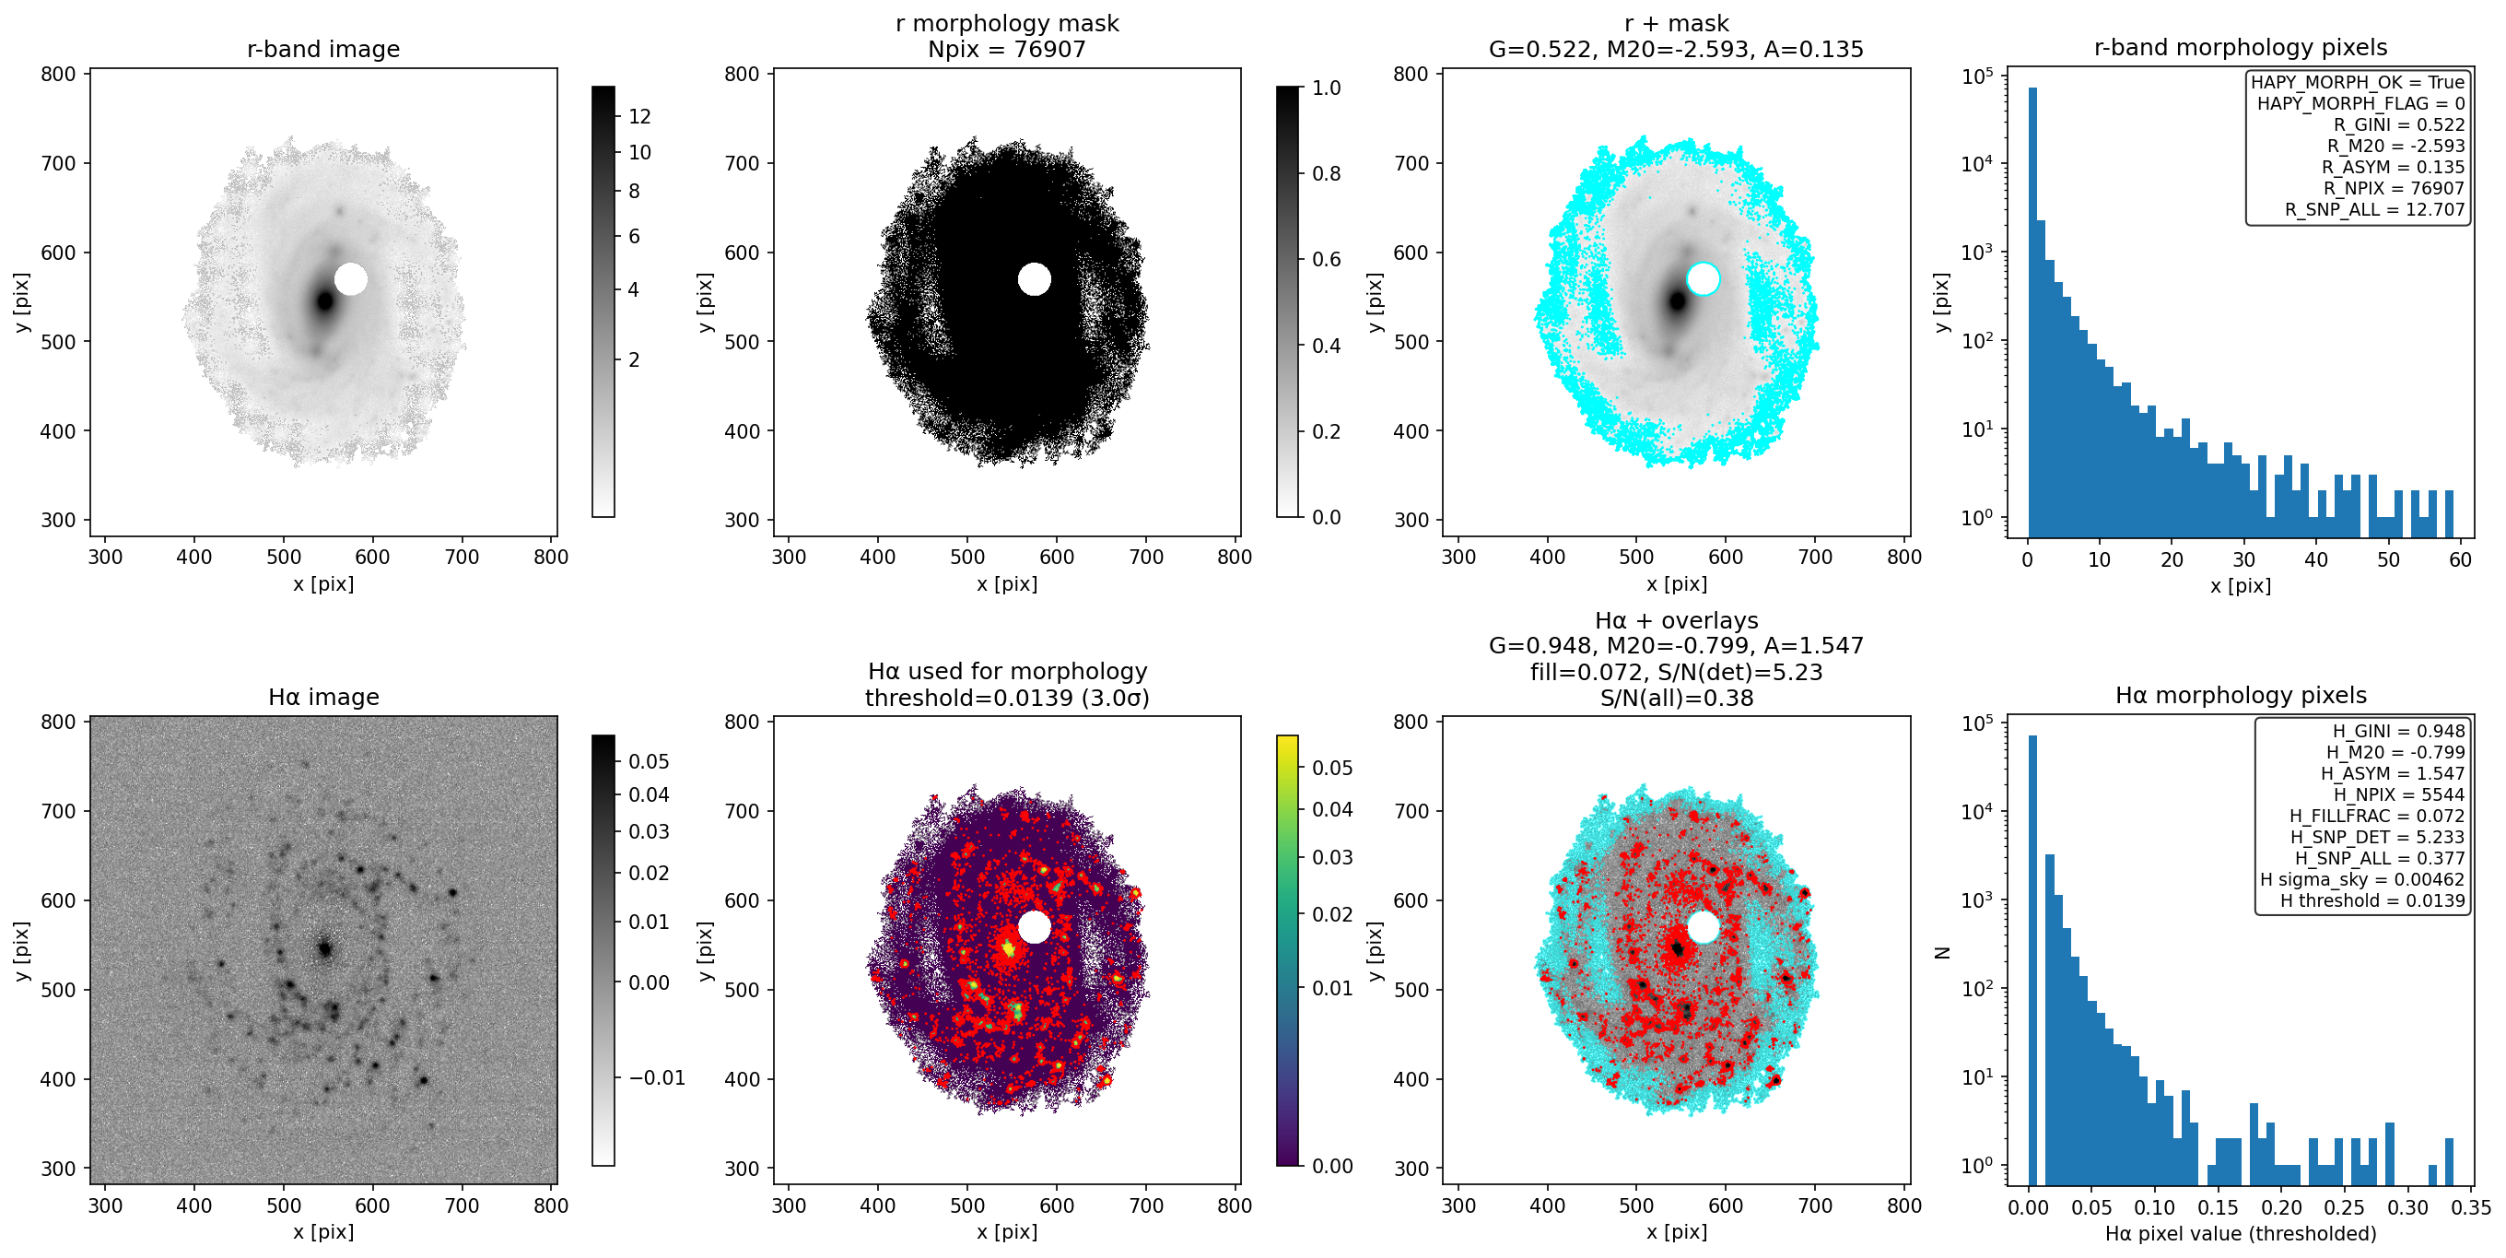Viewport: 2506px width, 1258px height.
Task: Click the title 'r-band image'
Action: tap(323, 49)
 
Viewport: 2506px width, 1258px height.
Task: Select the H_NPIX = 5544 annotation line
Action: tap(2399, 794)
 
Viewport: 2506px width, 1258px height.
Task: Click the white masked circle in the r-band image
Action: tap(351, 279)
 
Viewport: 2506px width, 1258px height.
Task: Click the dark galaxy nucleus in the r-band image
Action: tap(325, 300)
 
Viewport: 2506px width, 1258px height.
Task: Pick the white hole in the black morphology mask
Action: tap(1034, 279)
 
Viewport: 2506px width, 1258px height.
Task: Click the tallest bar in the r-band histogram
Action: tap(2032, 312)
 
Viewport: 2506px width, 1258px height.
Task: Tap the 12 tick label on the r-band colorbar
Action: tap(639, 117)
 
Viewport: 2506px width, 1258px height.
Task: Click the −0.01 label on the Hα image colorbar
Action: tap(657, 1078)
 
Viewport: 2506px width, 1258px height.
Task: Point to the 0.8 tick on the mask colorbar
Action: tap(1326, 173)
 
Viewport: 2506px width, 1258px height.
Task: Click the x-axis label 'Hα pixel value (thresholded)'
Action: tap(2241, 1234)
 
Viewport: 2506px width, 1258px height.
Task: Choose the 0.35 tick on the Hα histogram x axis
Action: tap(2471, 1207)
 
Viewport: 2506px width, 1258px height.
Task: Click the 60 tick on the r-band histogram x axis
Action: tap(2460, 559)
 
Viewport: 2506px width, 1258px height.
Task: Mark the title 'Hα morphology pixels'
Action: tap(2241, 696)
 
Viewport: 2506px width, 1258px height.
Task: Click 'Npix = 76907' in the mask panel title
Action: tap(1007, 49)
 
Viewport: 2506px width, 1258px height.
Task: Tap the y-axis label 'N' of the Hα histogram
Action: tap(1943, 953)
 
